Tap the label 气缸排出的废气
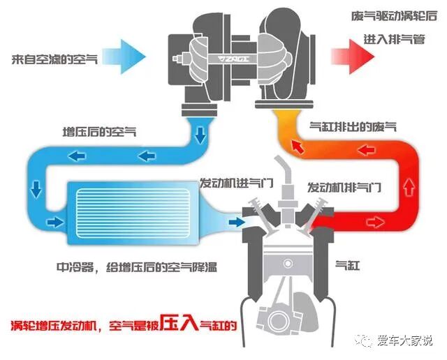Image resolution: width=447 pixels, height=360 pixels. [352, 126]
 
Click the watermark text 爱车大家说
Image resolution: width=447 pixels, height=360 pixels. [406, 340]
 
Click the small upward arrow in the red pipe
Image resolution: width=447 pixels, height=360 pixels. [409, 186]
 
